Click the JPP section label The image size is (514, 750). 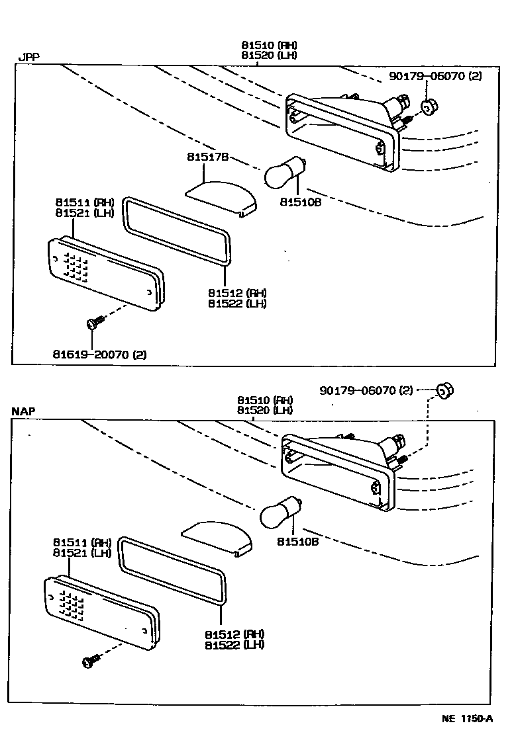coord(28,57)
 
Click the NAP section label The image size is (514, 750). coord(23,411)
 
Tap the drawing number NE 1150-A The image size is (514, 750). coord(468,719)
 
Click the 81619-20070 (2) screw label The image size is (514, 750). coord(100,354)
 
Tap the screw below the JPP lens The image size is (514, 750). coord(95,322)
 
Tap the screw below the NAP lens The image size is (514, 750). coord(91,660)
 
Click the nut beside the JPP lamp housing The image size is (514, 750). coord(429,106)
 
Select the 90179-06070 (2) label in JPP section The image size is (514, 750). coord(436,76)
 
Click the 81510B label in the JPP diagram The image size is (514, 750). coord(299,202)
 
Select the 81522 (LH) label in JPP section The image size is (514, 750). coord(236,304)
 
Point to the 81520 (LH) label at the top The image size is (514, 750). coord(269,55)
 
